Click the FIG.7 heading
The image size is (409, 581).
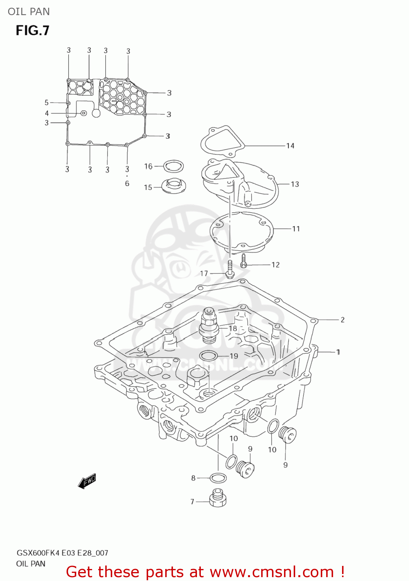[x=33, y=30]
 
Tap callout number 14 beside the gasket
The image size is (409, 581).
[x=290, y=146]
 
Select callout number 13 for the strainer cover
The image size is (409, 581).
[x=295, y=184]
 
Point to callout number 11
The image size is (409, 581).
[x=296, y=229]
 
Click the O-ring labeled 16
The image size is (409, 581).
[x=173, y=166]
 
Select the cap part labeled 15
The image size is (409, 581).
[x=173, y=186]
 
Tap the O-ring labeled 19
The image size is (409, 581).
[x=208, y=356]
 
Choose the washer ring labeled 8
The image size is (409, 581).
[x=218, y=478]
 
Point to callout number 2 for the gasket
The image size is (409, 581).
[x=342, y=320]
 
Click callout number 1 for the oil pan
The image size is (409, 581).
[x=338, y=352]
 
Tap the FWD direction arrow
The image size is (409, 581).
[x=87, y=481]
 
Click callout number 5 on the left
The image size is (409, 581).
[x=46, y=103]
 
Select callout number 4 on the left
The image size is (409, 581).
[x=47, y=113]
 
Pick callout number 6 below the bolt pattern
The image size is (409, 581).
[x=127, y=183]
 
